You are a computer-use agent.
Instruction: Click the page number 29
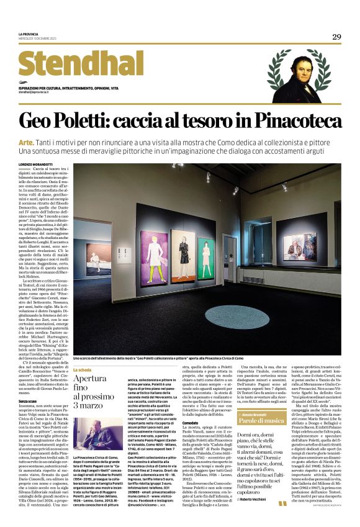(x=336, y=37)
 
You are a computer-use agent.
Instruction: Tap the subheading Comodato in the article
(x=189, y=421)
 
